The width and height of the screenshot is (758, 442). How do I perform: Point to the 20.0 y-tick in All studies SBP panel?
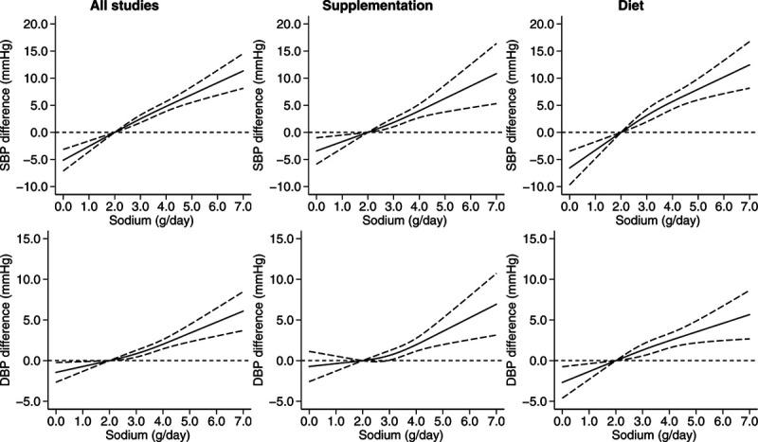point(33,23)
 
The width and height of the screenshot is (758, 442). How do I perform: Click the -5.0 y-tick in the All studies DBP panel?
point(34,401)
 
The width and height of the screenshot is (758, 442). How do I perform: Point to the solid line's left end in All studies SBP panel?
point(62,160)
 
